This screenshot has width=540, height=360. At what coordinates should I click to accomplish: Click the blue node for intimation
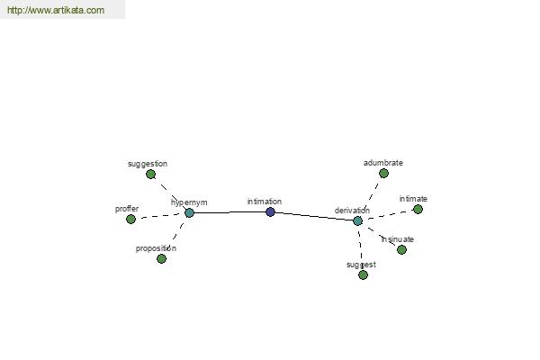tap(270, 211)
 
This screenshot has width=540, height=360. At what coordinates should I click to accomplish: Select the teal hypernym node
tap(189, 213)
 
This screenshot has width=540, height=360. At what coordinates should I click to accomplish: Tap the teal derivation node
tap(358, 220)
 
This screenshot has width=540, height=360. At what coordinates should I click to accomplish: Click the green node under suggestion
tap(150, 175)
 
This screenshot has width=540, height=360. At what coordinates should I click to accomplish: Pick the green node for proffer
tap(130, 219)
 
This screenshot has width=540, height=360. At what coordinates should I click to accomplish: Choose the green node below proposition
tap(161, 258)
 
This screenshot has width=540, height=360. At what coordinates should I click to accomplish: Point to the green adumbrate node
tap(383, 174)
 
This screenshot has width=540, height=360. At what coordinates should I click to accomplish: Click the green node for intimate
tap(418, 209)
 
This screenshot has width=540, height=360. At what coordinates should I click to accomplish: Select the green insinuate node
tap(401, 249)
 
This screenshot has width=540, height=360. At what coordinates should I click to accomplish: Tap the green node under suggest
tap(363, 274)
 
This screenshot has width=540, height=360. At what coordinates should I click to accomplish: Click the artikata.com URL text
tap(56, 10)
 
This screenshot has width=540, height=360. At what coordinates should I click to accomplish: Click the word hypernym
tap(189, 202)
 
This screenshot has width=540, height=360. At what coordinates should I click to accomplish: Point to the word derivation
tap(352, 210)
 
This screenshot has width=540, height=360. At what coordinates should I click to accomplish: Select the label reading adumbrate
tap(383, 163)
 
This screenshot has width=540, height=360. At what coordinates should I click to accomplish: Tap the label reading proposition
tap(156, 248)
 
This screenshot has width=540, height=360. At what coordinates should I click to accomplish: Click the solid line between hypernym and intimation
tap(229, 212)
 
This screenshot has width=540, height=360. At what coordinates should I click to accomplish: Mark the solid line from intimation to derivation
tap(314, 216)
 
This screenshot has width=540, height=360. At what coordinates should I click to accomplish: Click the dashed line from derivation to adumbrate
tap(371, 196)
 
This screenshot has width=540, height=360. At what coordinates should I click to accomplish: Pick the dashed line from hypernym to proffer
tap(160, 216)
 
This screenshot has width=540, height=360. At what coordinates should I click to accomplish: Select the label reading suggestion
tap(148, 164)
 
